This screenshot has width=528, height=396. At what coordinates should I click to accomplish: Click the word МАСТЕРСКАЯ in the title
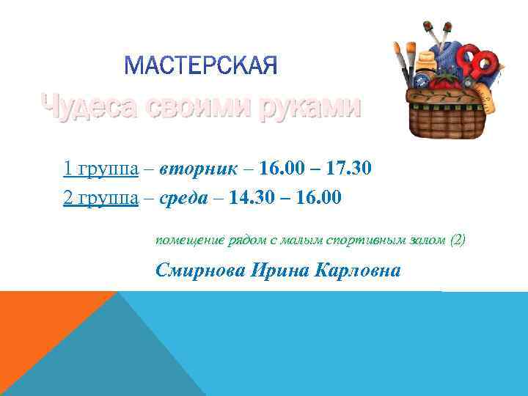click(x=201, y=67)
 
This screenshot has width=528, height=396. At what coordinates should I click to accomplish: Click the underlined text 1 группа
click(x=101, y=169)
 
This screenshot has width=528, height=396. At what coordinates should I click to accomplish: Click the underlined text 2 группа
click(x=101, y=198)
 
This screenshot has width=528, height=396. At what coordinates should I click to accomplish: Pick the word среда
click(x=188, y=198)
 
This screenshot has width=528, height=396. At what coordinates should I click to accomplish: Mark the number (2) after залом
click(x=457, y=241)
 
